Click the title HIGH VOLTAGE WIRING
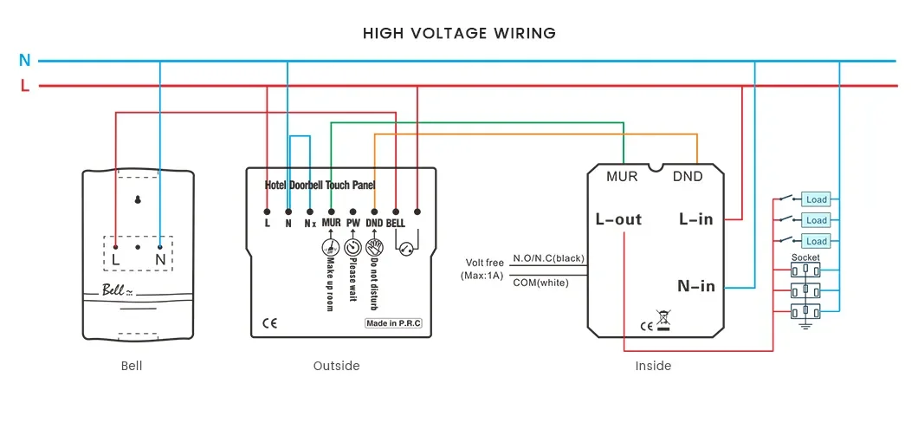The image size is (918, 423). (x=459, y=34)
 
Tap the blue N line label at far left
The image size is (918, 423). (x=24, y=61)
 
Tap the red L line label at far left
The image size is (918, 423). (x=24, y=86)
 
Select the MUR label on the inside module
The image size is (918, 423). (x=622, y=176)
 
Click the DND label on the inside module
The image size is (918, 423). (x=688, y=176)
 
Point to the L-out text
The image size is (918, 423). (x=618, y=219)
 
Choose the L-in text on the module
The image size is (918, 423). (x=696, y=219)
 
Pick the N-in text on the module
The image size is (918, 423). (x=695, y=286)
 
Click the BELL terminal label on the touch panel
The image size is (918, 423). (x=396, y=224)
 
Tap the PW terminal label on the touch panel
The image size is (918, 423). (x=352, y=224)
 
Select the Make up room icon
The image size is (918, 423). (x=330, y=245)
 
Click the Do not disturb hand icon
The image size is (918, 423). (x=374, y=245)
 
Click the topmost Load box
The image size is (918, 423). (x=816, y=199)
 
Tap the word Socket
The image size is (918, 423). (x=805, y=257)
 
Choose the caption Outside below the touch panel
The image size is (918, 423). (x=336, y=366)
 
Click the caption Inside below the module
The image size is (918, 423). (x=653, y=366)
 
